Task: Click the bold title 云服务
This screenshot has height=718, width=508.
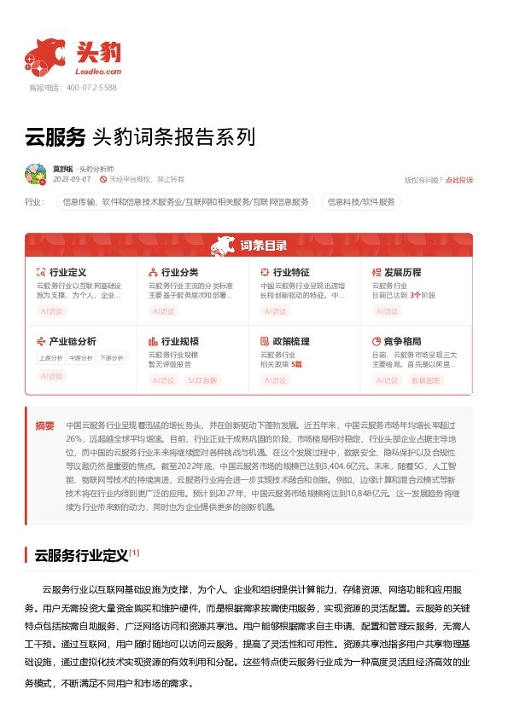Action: [55, 137]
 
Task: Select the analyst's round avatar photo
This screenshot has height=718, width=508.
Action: [35, 174]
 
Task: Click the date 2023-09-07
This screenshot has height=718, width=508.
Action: [72, 180]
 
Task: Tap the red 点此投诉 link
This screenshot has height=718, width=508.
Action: [459, 180]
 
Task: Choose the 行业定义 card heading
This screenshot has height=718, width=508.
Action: [67, 272]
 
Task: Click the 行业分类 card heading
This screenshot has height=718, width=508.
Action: [179, 272]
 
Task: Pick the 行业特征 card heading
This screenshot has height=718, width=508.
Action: [291, 272]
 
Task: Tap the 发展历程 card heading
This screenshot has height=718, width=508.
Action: [402, 272]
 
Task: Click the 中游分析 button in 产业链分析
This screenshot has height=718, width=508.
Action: [81, 358]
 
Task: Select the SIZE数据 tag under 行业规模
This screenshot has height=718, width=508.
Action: [202, 379]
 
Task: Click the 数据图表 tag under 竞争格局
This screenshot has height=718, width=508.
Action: [426, 379]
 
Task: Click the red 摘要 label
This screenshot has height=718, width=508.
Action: [44, 426]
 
